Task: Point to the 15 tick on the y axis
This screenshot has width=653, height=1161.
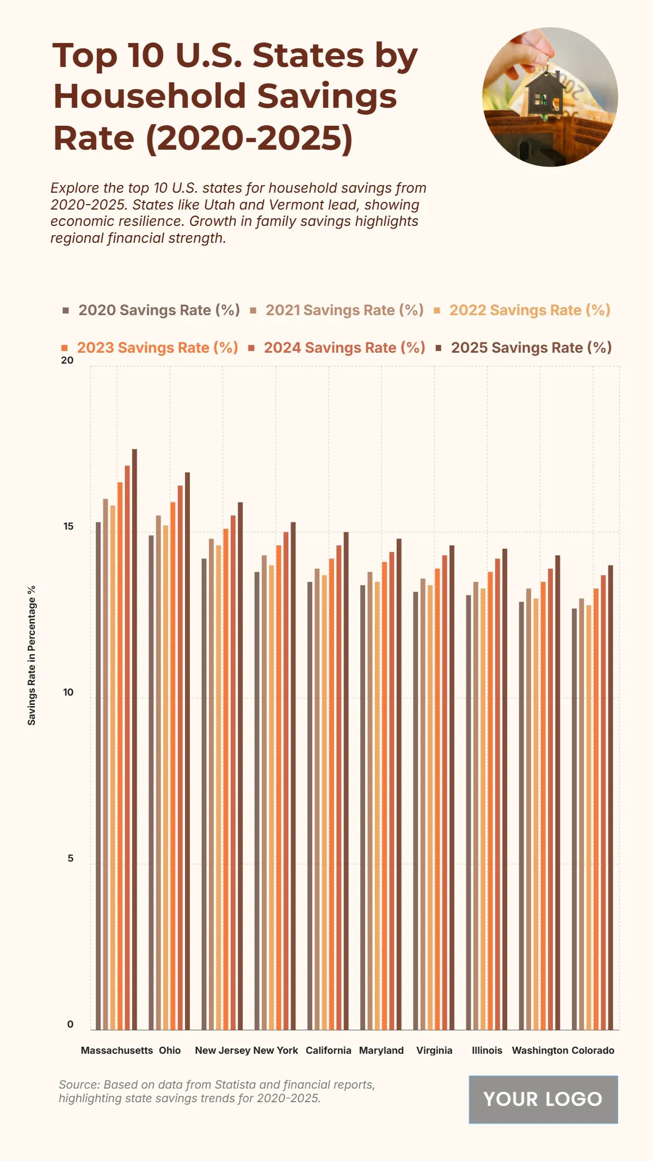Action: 68,526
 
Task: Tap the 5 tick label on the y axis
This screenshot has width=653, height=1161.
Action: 70,858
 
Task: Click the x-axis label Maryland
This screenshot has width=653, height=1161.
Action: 381,1051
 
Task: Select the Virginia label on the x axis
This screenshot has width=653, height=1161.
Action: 434,1051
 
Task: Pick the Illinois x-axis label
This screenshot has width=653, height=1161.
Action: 487,1051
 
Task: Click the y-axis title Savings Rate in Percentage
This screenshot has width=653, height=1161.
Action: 32,655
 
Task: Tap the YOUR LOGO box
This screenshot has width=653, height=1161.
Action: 543,1099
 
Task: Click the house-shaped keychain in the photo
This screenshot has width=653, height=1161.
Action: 545,95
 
